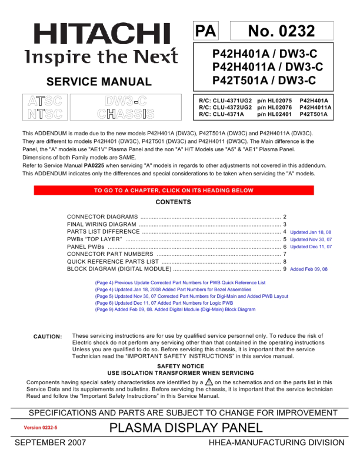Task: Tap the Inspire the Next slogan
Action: [x=101, y=57]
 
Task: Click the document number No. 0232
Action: [x=282, y=31]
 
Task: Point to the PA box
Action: [x=206, y=31]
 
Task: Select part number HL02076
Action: [x=276, y=108]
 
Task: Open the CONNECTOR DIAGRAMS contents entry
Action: [x=103, y=217]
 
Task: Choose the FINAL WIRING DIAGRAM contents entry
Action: [x=102, y=224]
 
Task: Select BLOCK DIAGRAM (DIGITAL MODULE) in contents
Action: [x=119, y=269]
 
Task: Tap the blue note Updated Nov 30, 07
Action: [x=311, y=239]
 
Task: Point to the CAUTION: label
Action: [x=48, y=337]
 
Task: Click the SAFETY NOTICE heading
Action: [x=181, y=366]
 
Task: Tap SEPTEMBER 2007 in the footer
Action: [x=50, y=442]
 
